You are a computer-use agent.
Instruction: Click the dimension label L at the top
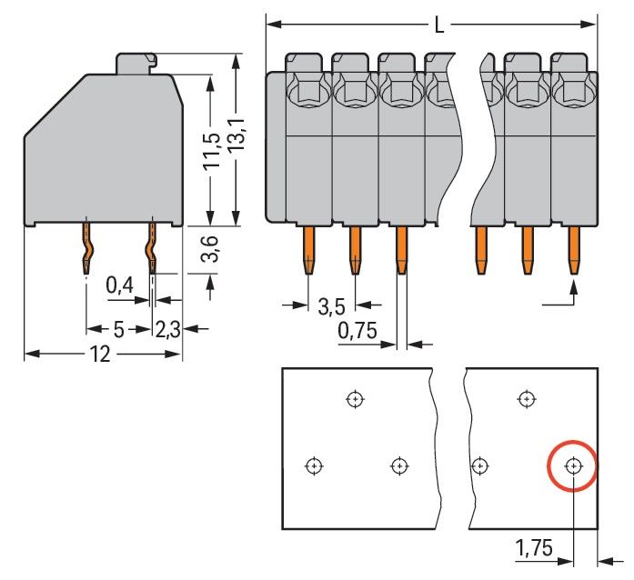[x=439, y=25]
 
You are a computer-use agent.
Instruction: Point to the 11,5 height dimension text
[x=212, y=150]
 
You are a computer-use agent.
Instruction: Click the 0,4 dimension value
[x=119, y=286]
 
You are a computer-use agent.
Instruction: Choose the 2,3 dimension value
[x=168, y=329]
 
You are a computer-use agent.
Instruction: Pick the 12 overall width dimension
[x=100, y=355]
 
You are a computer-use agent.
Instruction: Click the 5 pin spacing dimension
[x=118, y=329]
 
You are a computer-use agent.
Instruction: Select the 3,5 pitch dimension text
[x=330, y=305]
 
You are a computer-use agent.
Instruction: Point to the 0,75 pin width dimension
[x=357, y=332]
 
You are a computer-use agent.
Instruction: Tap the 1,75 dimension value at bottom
[x=533, y=548]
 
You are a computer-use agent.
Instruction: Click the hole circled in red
[x=573, y=466]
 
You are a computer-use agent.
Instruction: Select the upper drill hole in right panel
[x=526, y=398]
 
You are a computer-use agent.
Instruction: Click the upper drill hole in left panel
[x=355, y=398]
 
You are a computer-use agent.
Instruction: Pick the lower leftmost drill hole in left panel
[x=313, y=466]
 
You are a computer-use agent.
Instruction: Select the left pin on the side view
[x=86, y=247]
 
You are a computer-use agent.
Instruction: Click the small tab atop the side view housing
[x=136, y=64]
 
